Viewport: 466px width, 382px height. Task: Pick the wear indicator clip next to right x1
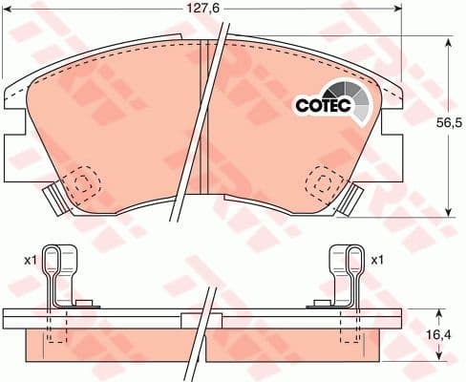pos(346,277)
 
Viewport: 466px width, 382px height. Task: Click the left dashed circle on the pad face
pos(85,183)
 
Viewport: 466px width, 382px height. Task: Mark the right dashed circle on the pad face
pos(327,179)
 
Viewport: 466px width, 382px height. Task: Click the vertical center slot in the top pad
pos(204,105)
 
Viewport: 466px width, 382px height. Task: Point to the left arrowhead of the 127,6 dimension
pos(6,11)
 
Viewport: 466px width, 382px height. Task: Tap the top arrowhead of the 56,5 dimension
pos(449,40)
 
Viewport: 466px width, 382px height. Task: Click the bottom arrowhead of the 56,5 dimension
pos(449,212)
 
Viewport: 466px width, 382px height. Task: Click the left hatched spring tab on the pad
pos(55,199)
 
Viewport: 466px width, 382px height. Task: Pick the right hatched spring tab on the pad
pos(356,198)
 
